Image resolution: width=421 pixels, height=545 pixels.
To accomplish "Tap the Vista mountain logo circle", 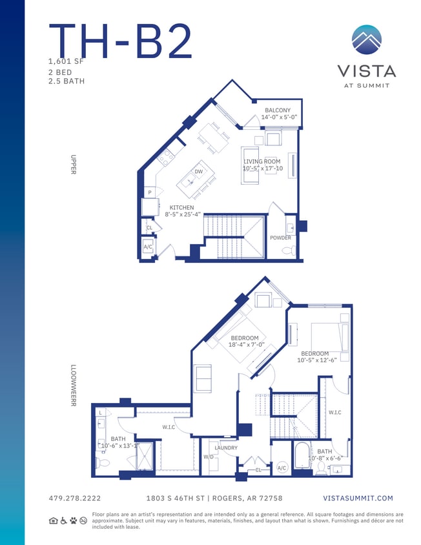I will [x=366, y=41].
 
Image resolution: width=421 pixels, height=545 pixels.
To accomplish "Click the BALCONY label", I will [x=278, y=110].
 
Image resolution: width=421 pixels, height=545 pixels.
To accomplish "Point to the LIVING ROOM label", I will [x=262, y=161].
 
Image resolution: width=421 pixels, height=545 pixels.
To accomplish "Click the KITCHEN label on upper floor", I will [x=181, y=208].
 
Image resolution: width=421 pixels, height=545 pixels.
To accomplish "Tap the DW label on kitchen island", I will [x=198, y=172].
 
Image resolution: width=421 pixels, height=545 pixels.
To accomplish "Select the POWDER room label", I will [x=280, y=238].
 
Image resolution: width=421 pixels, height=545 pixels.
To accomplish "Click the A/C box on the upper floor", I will [x=148, y=247].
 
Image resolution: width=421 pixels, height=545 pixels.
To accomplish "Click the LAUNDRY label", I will [x=226, y=447].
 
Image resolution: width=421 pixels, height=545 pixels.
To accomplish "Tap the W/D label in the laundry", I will [x=209, y=457].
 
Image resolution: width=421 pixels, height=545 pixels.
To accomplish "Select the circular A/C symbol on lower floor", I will [x=282, y=468].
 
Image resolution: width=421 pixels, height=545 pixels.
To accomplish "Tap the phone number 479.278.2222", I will [x=75, y=499].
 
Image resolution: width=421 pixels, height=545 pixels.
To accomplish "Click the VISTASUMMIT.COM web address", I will [x=357, y=499].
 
